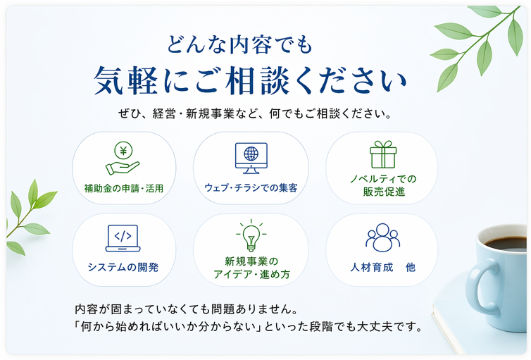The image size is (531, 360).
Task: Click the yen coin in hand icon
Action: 123,159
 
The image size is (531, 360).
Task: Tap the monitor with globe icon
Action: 251,159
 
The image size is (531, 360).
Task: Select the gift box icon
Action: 383,154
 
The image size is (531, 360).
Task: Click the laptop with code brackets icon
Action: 123,238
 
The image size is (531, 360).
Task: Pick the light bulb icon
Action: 250,237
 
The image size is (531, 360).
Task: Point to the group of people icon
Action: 382,238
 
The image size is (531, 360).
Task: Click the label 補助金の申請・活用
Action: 124,188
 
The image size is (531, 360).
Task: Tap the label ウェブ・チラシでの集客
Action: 251,188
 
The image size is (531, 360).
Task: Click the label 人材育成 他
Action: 382,268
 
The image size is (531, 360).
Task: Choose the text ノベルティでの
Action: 384,179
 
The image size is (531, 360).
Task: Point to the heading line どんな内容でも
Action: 239,47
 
